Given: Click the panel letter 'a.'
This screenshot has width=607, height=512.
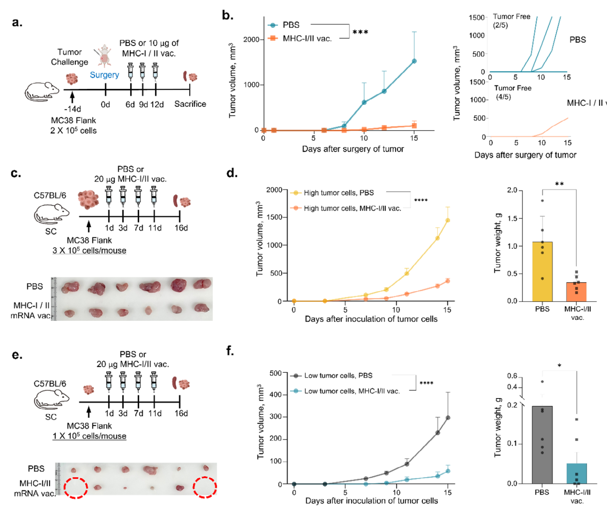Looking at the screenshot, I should click(x=17, y=22).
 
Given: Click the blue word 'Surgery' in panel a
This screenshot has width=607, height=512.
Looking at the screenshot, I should click(x=104, y=75).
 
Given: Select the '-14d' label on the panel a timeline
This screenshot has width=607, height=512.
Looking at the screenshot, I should click(x=72, y=109).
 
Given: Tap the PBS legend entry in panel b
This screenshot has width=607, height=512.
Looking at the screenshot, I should click(x=291, y=25).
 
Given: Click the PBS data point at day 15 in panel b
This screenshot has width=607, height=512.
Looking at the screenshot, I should click(x=414, y=61).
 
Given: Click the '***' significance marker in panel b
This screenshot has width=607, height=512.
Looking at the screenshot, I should click(x=360, y=32).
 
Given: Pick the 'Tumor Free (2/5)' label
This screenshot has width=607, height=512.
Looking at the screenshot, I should click(x=511, y=21).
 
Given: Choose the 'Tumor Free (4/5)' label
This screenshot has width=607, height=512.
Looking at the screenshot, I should click(x=512, y=93).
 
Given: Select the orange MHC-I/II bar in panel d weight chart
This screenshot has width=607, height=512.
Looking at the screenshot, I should click(x=576, y=292).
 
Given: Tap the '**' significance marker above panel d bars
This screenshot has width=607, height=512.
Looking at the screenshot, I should click(x=559, y=184).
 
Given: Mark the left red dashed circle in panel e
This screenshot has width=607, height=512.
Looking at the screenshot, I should click(x=76, y=488).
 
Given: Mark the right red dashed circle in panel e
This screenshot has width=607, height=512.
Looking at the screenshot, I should click(x=205, y=487).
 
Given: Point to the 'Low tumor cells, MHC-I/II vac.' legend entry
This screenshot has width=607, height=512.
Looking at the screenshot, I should click(x=351, y=391).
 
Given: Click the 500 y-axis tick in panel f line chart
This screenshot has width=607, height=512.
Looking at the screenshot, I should click(x=276, y=373).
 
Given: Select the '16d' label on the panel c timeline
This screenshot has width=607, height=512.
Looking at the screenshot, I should click(x=181, y=228).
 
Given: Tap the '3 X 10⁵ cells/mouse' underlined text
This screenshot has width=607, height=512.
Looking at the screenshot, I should click(x=89, y=251).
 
